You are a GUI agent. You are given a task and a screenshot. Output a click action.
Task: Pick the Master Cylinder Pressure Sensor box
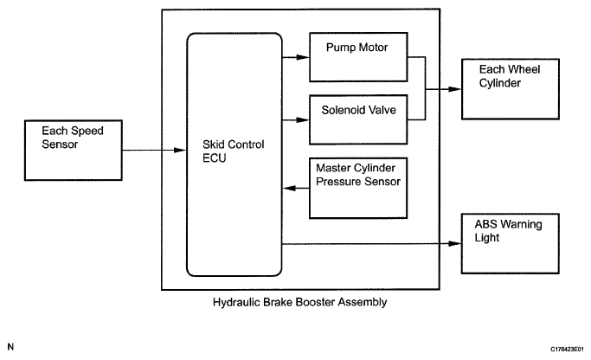358,187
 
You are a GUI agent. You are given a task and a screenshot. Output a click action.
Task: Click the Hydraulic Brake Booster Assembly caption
299,303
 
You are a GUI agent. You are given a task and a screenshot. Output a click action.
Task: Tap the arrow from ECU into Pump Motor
296,59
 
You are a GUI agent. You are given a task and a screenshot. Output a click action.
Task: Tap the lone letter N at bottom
10,347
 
